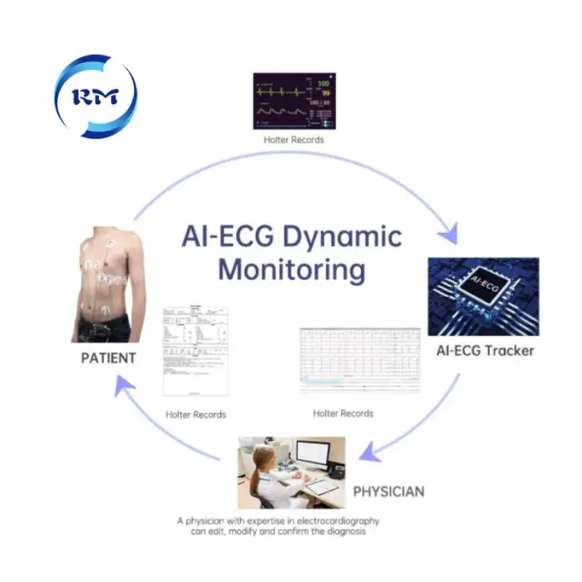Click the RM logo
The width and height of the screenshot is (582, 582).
96,96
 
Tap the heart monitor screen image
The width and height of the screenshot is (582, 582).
293,101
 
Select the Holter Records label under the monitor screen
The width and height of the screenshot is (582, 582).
293,140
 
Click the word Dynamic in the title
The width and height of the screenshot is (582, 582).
341,236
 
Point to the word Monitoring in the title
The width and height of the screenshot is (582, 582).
291,270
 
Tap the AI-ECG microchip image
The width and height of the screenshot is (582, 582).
483,297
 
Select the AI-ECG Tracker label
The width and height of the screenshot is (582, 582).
485,350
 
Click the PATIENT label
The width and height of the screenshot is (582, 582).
108,358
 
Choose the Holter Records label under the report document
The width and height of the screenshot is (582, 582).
195,414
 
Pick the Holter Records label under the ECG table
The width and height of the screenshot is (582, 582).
343,413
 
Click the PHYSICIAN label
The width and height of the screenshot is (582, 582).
388,491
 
